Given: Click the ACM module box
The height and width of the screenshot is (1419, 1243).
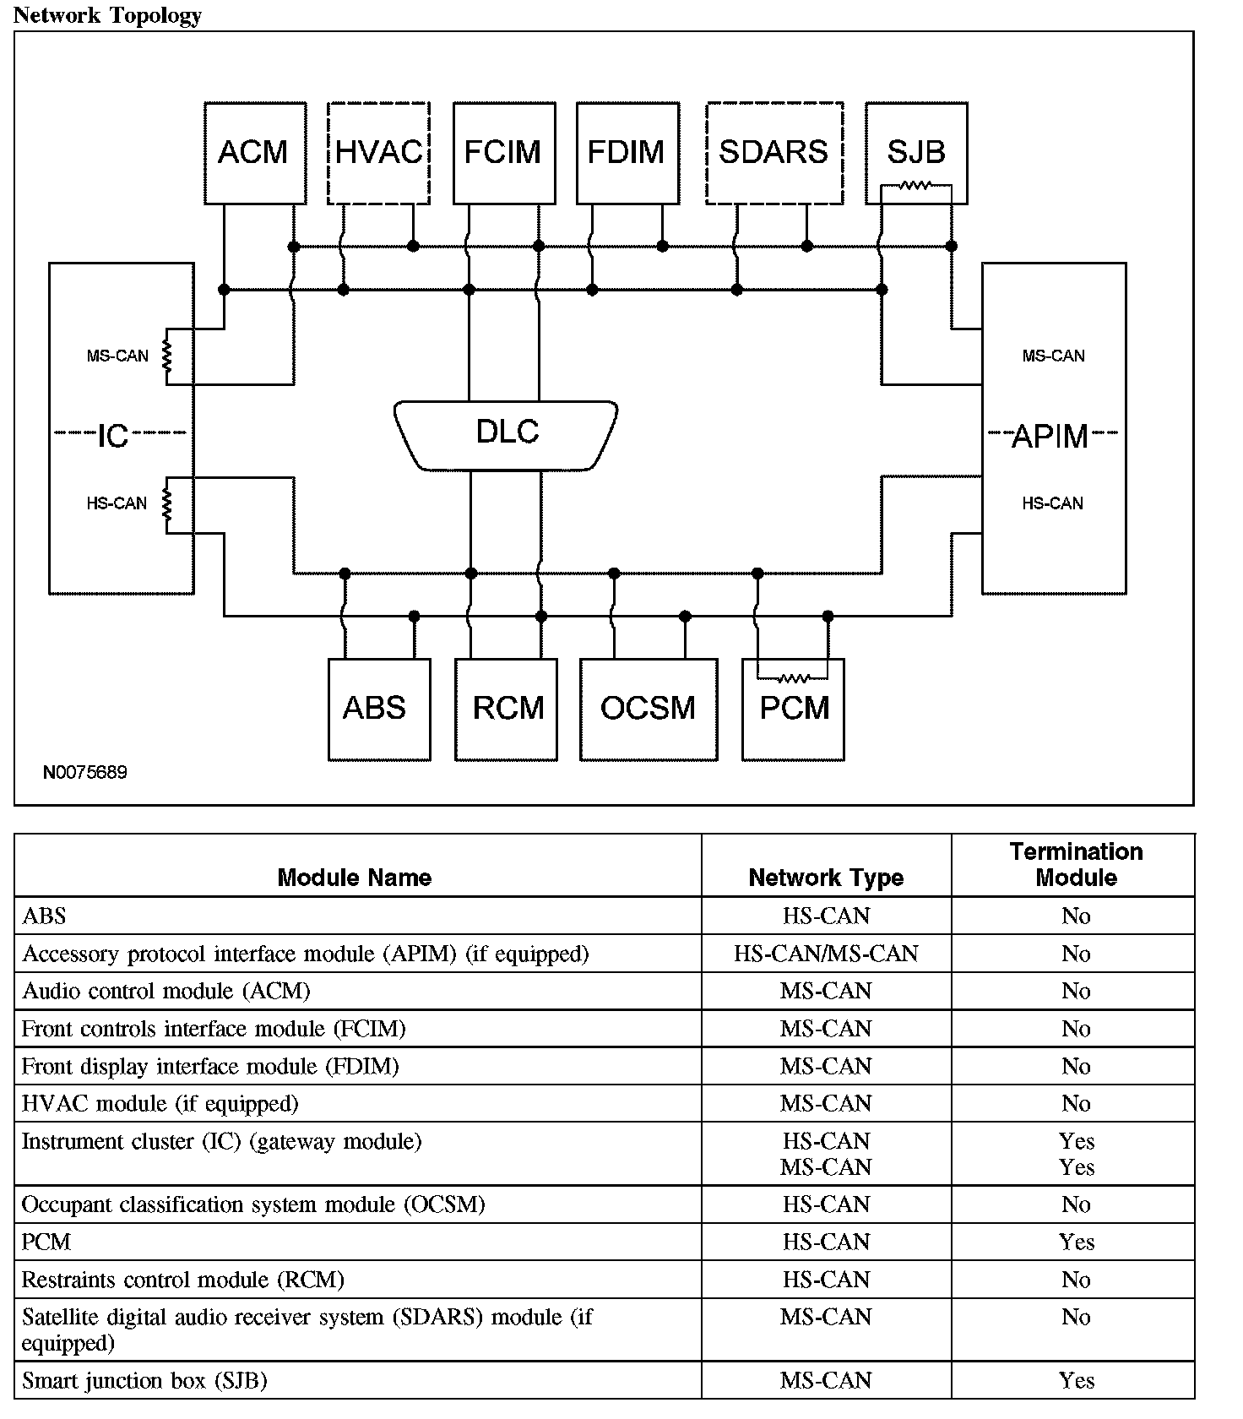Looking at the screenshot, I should tap(255, 153).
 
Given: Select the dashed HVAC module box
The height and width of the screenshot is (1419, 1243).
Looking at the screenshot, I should tap(378, 153).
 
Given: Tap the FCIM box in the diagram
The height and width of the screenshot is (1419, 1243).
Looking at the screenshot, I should tap(504, 153).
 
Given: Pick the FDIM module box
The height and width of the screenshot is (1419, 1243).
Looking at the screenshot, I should tap(627, 153).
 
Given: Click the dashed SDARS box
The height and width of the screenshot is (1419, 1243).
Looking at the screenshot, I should tap(774, 153).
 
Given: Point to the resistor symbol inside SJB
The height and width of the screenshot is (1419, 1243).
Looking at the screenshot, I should tap(915, 186).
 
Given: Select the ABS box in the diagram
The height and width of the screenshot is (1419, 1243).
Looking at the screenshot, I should tap(378, 709).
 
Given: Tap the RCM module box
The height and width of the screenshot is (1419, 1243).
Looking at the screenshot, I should tap(506, 709).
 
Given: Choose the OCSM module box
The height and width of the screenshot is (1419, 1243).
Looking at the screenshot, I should tap(649, 709).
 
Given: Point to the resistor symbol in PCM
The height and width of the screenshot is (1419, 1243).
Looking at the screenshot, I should tap(793, 677).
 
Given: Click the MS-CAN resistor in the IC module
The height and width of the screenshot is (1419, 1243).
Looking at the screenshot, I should tap(167, 356).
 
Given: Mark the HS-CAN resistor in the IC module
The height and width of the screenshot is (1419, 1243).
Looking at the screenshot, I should tap(167, 503).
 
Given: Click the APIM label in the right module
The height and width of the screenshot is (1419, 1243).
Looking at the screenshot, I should tap(1050, 437).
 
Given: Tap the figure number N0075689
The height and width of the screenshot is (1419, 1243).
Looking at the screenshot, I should tap(85, 773).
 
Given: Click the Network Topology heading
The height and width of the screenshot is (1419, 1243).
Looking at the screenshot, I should tap(107, 15).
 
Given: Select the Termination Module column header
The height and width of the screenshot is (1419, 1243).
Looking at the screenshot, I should tap(1076, 864).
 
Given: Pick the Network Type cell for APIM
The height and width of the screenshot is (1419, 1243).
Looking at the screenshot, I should tap(825, 954).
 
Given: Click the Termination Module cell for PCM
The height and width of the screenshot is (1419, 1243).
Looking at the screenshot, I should tap(1076, 1242).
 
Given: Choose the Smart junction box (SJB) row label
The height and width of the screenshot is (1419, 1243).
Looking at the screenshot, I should tap(144, 1381).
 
